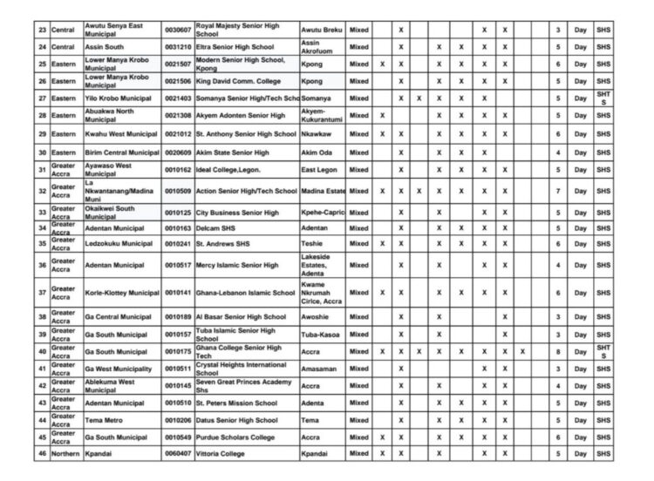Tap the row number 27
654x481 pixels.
point(41,98)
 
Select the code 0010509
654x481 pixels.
point(178,190)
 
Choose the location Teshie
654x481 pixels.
point(311,243)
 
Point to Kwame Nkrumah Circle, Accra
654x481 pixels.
point(322,293)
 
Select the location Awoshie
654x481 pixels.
point(315,317)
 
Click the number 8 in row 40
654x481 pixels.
point(559,350)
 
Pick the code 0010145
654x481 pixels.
point(178,385)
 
